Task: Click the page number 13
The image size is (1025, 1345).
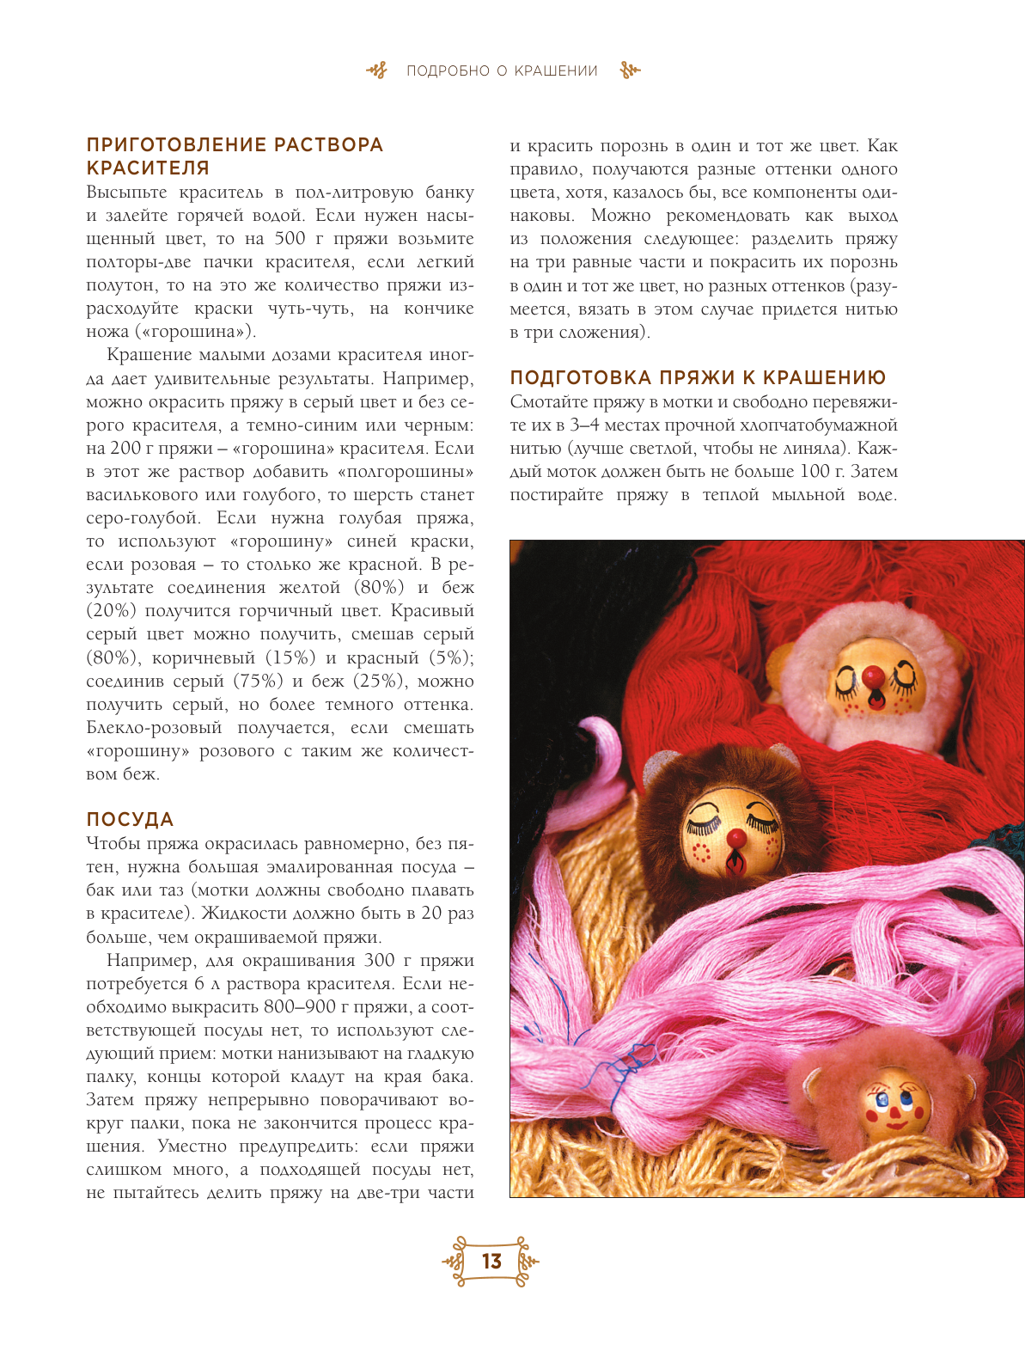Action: (491, 1261)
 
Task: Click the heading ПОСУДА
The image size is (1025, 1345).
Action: (130, 820)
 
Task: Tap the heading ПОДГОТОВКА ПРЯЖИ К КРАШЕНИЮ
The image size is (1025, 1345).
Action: (698, 378)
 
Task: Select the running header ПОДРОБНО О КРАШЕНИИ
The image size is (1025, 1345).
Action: (502, 71)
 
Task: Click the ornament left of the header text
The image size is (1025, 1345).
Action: (377, 71)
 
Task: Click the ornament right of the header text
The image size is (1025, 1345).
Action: (630, 71)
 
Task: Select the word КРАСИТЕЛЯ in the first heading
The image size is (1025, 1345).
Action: (148, 168)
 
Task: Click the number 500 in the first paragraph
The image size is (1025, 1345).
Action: (290, 239)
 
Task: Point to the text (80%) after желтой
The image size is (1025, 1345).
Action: (379, 588)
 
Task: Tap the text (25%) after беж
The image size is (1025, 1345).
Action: (376, 681)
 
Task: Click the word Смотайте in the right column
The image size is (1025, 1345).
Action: (549, 401)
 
